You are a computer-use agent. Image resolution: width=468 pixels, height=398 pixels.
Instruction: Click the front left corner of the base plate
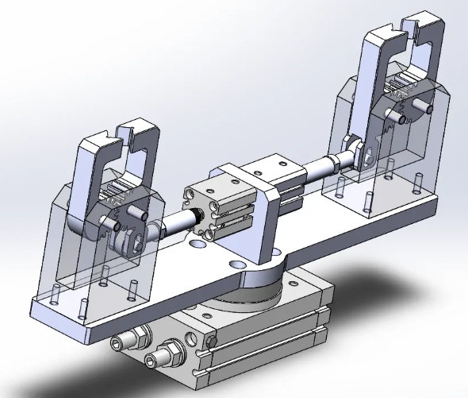[36, 306]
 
